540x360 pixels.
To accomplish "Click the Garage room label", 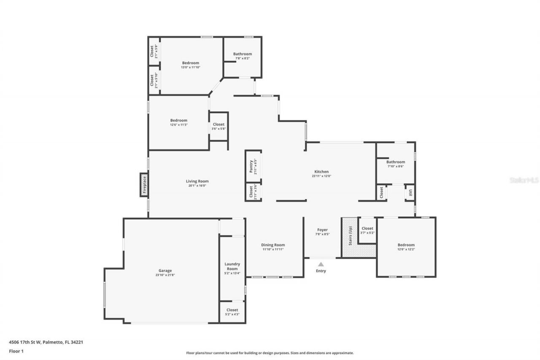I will pyautogui.click(x=165, y=271).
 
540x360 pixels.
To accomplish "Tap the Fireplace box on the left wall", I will pyautogui.click(x=144, y=185).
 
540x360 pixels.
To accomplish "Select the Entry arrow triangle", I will pyautogui.click(x=321, y=264).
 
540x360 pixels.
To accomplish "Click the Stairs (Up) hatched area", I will pyautogui.click(x=349, y=238).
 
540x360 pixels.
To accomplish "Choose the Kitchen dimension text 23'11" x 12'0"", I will pyautogui.click(x=321, y=176).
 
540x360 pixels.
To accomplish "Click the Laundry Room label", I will pyautogui.click(x=232, y=266).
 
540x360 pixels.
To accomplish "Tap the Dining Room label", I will pyautogui.click(x=273, y=245).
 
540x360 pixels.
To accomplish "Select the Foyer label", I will pyautogui.click(x=322, y=230).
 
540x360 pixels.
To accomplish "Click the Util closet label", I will pyautogui.click(x=410, y=193).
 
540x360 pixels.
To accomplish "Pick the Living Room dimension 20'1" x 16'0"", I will pyautogui.click(x=197, y=185).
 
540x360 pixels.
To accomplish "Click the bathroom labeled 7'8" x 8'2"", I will pyautogui.click(x=243, y=54).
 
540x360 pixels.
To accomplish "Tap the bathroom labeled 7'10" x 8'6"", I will pyautogui.click(x=395, y=162).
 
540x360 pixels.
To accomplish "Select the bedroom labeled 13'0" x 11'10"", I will pyautogui.click(x=190, y=63).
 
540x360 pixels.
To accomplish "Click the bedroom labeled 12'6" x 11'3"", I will pyautogui.click(x=178, y=120).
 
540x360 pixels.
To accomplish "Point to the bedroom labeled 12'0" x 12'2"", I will pyautogui.click(x=406, y=245).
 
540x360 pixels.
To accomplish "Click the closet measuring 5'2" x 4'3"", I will pyautogui.click(x=232, y=312).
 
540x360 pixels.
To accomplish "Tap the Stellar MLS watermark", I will pyautogui.click(x=524, y=180).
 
